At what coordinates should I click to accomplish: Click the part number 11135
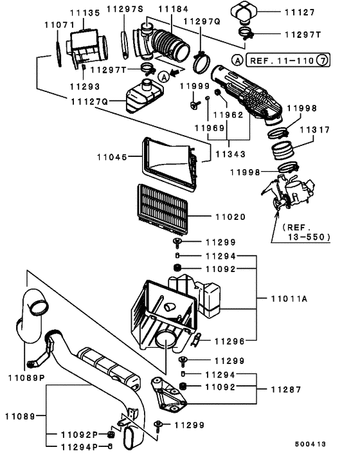85,13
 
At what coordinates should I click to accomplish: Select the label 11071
60,25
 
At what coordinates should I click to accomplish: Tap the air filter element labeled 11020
163,209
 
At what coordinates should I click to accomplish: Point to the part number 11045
112,157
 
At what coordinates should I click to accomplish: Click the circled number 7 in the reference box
322,60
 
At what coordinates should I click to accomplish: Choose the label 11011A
289,298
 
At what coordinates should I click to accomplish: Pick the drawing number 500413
310,444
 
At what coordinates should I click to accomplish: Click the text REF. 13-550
307,232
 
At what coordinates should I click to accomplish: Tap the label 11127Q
89,102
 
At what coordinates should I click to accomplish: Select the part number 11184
174,9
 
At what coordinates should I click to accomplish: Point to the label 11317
314,130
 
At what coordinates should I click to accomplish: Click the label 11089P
26,378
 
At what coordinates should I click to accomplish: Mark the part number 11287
286,390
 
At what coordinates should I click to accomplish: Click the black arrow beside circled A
174,73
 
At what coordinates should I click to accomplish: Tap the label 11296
230,341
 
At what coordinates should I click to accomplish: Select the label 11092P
80,435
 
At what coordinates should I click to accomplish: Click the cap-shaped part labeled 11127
244,13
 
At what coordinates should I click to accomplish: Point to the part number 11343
230,154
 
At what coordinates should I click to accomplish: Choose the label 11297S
125,9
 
